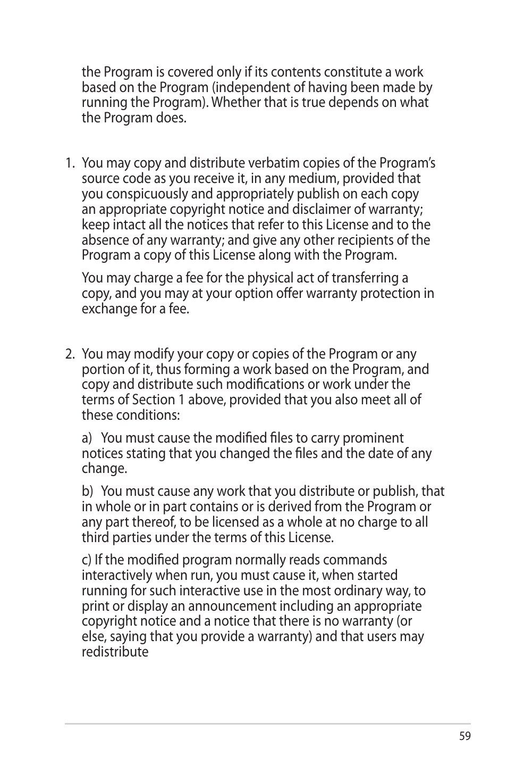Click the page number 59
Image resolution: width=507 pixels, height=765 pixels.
click(464, 736)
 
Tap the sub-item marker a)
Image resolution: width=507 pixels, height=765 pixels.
click(87, 438)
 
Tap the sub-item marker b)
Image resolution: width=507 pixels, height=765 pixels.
click(87, 492)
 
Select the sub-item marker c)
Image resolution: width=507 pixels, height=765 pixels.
click(87, 560)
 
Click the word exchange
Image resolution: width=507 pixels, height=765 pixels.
click(109, 309)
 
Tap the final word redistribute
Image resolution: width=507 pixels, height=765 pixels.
click(115, 652)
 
